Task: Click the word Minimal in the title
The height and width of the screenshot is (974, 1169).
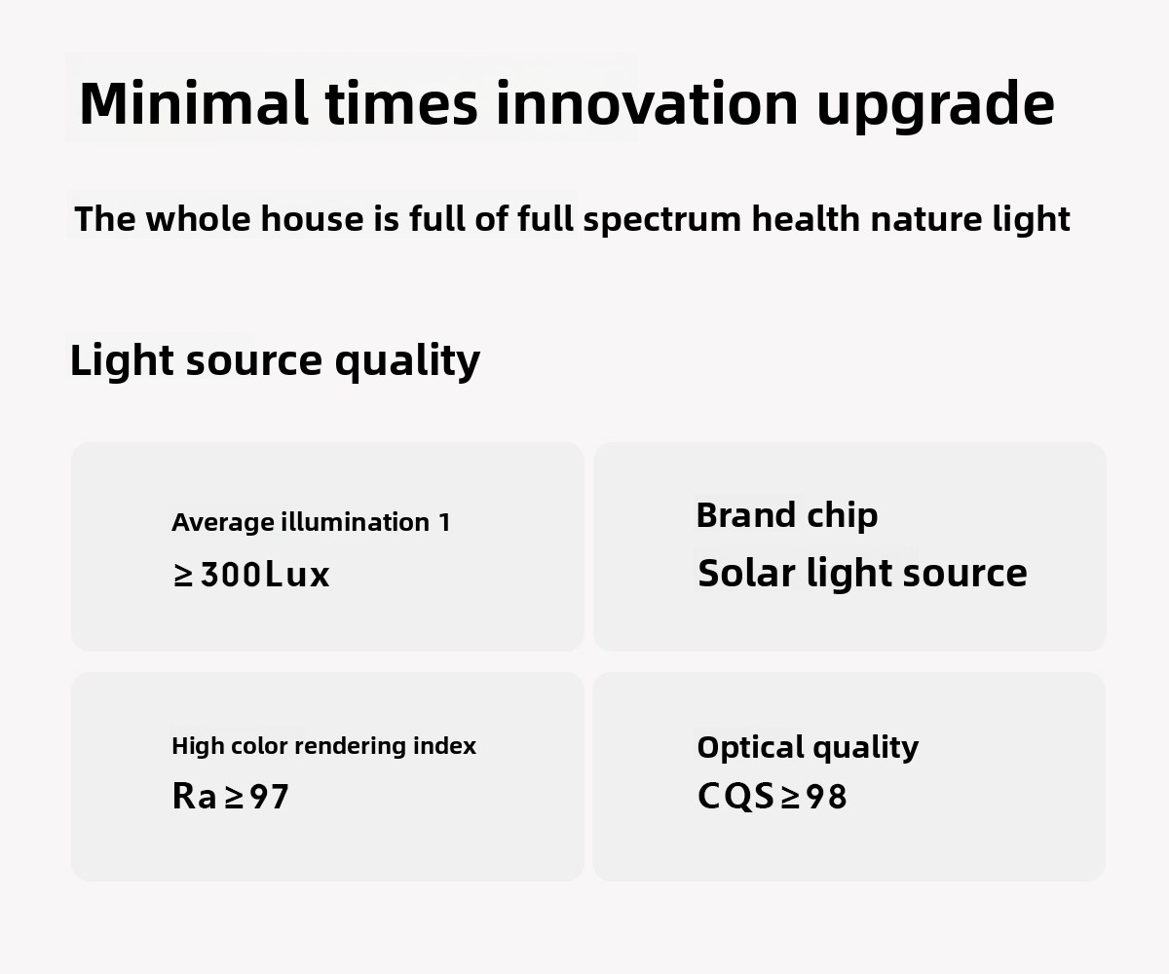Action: click(x=194, y=103)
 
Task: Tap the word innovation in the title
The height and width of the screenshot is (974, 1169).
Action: click(x=647, y=103)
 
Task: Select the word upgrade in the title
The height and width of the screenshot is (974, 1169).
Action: click(x=935, y=107)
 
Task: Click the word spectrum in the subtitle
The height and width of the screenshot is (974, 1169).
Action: click(x=662, y=220)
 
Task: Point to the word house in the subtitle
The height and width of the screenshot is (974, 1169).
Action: click(x=313, y=218)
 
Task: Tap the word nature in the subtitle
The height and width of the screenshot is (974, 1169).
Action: click(x=926, y=219)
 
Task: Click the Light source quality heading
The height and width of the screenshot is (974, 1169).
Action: click(x=275, y=361)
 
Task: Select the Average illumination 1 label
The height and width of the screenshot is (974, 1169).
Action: click(x=311, y=522)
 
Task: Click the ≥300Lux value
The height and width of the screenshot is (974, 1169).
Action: click(x=251, y=575)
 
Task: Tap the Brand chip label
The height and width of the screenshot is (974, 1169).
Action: click(x=786, y=515)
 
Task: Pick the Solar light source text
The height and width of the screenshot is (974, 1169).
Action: click(x=862, y=574)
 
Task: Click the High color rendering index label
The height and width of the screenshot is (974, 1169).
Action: click(x=323, y=747)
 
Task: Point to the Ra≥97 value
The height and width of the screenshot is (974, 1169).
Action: click(x=230, y=796)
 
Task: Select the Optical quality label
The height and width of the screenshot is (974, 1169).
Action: click(x=808, y=748)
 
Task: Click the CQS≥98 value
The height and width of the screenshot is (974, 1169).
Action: click(x=773, y=796)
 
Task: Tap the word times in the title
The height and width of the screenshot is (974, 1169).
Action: click(x=401, y=103)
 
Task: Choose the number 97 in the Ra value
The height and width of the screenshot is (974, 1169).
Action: click(x=269, y=796)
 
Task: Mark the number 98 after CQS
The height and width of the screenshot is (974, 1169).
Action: click(x=826, y=796)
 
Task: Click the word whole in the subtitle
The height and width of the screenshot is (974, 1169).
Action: click(x=198, y=218)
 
